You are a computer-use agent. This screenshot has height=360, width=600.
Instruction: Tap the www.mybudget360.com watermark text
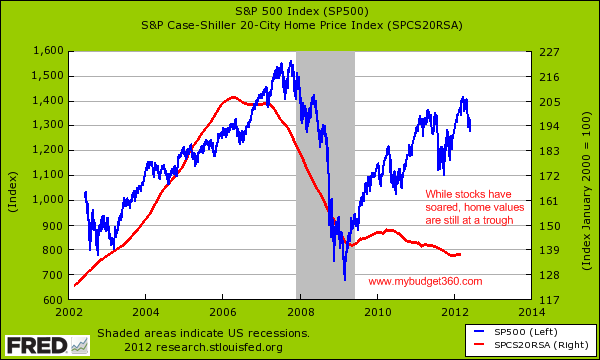coord(425,282)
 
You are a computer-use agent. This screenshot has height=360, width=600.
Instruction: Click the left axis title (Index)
coord(15,176)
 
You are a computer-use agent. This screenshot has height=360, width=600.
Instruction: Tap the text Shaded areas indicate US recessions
coord(204,331)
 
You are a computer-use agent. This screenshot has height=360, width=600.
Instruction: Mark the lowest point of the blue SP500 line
coord(344,280)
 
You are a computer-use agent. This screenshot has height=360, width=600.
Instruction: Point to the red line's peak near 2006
coord(233,97)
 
